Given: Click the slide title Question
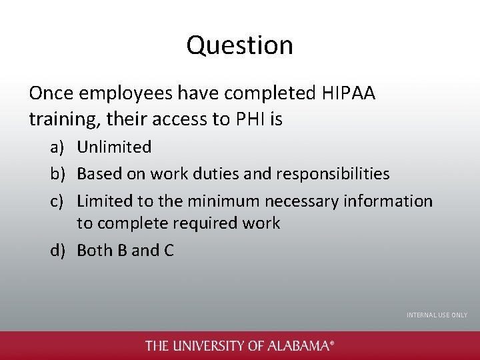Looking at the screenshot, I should tap(239, 45).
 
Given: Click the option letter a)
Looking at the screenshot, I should tap(58, 147).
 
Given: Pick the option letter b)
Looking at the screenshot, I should tap(58, 174).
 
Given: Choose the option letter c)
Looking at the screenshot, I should tap(58, 201).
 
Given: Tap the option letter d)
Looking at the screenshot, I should tap(58, 250).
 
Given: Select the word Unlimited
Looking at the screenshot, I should tap(114, 147).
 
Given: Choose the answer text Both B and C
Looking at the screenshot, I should tap(125, 250).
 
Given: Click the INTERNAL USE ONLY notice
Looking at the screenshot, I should tap(437, 315).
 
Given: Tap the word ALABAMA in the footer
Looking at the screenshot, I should tap(298, 345).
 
